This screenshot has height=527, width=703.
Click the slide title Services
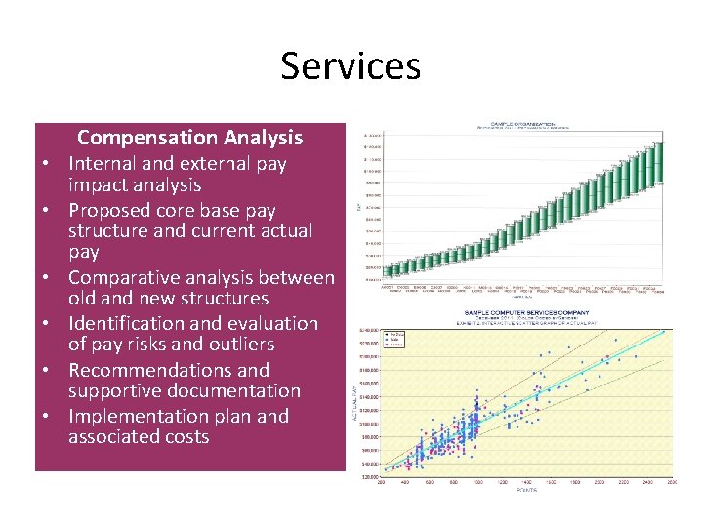coord(351,65)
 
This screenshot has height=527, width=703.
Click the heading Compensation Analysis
coord(189,138)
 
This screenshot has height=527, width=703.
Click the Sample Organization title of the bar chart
coord(515,125)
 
